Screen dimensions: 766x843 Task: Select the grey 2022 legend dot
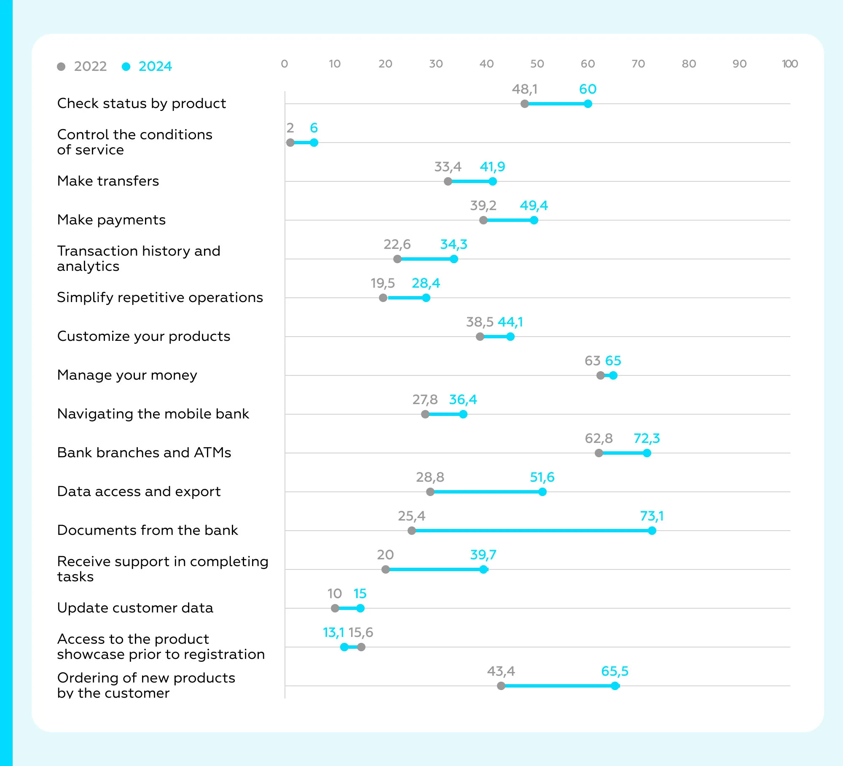click(61, 67)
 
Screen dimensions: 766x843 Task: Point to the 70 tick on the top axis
click(638, 64)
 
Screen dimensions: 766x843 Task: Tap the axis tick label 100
click(789, 64)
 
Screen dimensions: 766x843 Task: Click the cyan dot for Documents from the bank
click(652, 531)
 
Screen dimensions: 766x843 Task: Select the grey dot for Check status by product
click(525, 104)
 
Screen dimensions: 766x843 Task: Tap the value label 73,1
click(652, 516)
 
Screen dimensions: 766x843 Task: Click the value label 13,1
click(333, 632)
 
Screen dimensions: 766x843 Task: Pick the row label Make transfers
click(108, 181)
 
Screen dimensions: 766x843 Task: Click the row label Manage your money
click(127, 375)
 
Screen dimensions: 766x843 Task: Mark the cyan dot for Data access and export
click(542, 492)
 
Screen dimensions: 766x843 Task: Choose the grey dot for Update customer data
click(335, 608)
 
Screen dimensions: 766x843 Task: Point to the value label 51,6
click(542, 477)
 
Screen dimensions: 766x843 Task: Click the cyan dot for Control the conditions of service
click(314, 143)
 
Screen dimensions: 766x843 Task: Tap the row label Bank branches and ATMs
click(144, 453)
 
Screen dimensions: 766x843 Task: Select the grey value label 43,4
click(501, 671)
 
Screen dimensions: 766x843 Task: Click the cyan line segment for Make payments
click(509, 220)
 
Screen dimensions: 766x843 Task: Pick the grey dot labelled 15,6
click(361, 647)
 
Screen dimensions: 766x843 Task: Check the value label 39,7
click(483, 555)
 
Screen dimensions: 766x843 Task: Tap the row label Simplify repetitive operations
click(160, 297)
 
